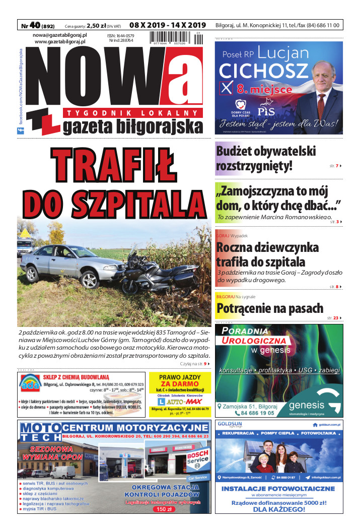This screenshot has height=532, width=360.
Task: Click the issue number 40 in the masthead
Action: pyautogui.click(x=36, y=25)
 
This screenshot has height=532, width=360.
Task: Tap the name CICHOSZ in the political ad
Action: pyautogui.click(x=256, y=70)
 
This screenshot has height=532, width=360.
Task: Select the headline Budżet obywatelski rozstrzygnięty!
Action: pyautogui.click(x=266, y=158)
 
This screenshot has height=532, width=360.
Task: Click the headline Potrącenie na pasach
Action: pyautogui.click(x=270, y=308)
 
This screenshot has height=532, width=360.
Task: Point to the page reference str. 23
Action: pyautogui.click(x=333, y=318)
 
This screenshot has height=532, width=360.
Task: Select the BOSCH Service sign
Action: pyautogui.click(x=197, y=457)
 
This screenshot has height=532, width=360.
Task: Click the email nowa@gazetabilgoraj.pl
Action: pyautogui.click(x=60, y=35)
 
